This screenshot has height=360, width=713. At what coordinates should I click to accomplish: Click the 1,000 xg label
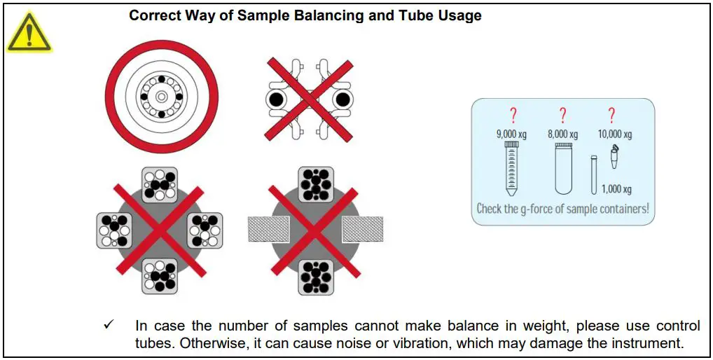click(x=616, y=189)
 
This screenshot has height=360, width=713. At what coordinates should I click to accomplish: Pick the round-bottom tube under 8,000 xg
click(x=563, y=168)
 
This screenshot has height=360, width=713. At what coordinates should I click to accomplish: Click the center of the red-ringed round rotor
click(x=161, y=96)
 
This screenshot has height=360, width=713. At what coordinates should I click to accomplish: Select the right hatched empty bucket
click(x=362, y=229)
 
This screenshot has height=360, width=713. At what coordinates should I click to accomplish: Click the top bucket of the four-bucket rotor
click(x=160, y=184)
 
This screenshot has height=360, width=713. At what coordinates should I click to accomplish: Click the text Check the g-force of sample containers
click(x=562, y=209)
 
